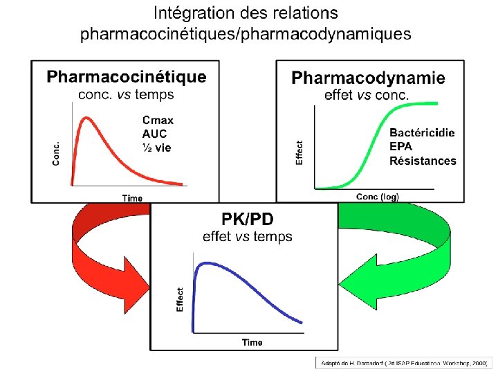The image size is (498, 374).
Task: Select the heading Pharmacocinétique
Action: (127, 77)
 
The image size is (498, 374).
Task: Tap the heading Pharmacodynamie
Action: (369, 78)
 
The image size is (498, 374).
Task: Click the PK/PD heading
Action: (248, 219)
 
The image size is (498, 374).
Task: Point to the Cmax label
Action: (158, 120)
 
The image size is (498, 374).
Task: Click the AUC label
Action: (154, 134)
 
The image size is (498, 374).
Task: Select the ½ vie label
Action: (156, 147)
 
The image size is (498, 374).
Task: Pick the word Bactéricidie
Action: (423, 132)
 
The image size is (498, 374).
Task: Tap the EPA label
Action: (401, 146)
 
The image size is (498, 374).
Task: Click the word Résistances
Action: (423, 161)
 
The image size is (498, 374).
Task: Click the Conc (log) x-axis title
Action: (378, 197)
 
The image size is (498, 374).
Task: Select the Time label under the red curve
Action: (132, 198)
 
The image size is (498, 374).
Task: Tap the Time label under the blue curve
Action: (252, 342)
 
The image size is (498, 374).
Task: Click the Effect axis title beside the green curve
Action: (299, 152)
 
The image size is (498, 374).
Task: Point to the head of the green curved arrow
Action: (369, 290)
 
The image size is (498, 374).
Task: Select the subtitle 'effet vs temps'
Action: (248, 237)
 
